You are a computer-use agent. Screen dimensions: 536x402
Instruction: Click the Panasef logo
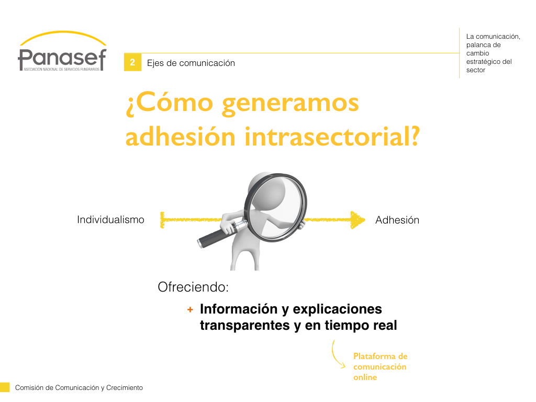click(x=62, y=51)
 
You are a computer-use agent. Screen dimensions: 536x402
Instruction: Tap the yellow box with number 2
click(x=132, y=62)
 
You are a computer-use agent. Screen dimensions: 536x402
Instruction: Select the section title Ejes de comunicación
click(x=191, y=63)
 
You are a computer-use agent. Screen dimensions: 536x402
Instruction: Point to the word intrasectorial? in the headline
click(x=332, y=136)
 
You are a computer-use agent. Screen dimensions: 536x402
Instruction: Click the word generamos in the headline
click(x=291, y=104)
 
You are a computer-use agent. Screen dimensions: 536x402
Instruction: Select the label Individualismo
click(x=110, y=219)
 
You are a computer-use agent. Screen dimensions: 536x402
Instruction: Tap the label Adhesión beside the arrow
click(x=397, y=220)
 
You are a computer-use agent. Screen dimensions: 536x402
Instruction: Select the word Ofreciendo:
click(x=193, y=287)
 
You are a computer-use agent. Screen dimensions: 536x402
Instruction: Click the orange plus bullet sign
click(x=190, y=310)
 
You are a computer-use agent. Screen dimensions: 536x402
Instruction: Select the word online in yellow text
click(x=365, y=377)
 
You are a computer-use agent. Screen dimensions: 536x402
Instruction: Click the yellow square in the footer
click(x=5, y=387)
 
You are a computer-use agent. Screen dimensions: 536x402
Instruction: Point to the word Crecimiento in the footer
click(x=125, y=388)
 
